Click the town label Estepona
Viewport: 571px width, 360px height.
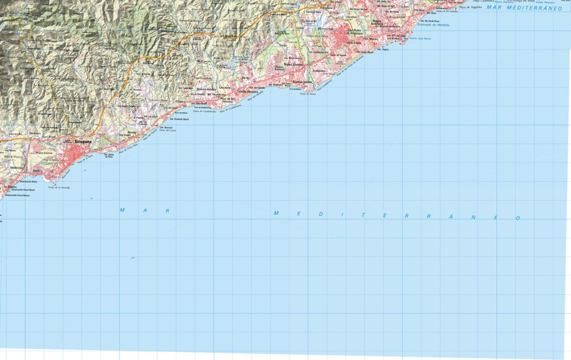coord(83,141)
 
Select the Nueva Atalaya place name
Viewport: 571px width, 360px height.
coord(293,65)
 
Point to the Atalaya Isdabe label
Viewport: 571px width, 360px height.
coord(303,82)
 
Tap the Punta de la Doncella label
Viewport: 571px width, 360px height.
coord(59,187)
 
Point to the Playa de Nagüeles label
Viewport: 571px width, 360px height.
coord(471,7)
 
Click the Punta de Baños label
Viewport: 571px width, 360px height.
coord(308,94)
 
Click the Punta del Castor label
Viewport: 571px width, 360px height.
coord(167,130)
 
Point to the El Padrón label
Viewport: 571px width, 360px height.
coord(138,117)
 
